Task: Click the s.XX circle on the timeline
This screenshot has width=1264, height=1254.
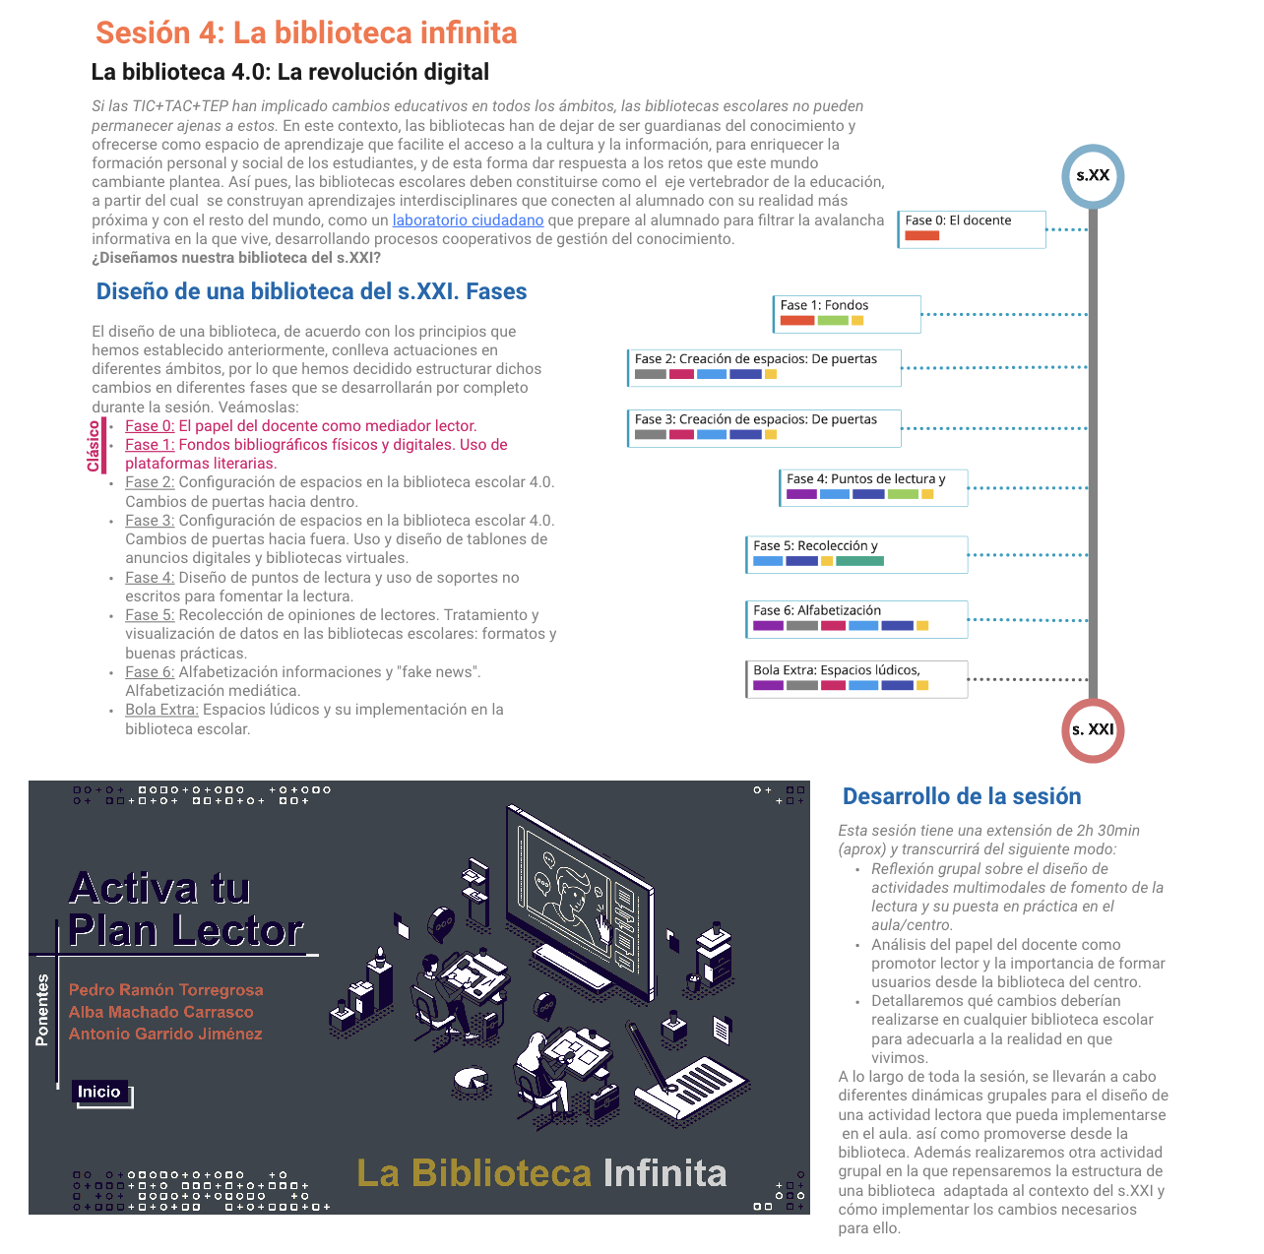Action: (x=1093, y=176)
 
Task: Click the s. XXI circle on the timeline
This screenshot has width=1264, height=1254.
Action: (x=1093, y=729)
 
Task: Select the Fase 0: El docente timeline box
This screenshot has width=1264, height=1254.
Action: (x=971, y=229)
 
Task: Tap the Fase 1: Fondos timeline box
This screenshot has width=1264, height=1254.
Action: (x=847, y=314)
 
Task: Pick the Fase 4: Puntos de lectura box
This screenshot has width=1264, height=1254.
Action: (x=873, y=487)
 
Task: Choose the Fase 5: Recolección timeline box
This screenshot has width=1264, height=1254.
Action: (x=856, y=554)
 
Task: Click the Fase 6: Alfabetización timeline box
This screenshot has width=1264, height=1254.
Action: (x=856, y=619)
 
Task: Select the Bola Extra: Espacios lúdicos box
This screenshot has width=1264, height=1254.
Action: (x=856, y=679)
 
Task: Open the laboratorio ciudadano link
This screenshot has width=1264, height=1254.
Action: (x=468, y=220)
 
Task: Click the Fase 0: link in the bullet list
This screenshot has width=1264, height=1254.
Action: (x=150, y=426)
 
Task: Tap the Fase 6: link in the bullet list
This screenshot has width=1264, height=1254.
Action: (x=150, y=672)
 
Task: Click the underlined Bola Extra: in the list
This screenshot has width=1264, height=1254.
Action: (x=161, y=710)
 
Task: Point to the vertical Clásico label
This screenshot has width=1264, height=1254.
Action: (x=95, y=446)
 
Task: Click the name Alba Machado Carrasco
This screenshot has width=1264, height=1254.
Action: (x=161, y=1012)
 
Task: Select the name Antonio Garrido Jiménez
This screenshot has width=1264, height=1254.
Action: (x=165, y=1034)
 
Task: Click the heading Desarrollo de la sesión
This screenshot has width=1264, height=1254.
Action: (x=962, y=796)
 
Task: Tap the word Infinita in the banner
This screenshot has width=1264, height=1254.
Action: (x=664, y=1173)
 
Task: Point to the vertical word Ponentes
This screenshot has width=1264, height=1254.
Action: (x=42, y=1010)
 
